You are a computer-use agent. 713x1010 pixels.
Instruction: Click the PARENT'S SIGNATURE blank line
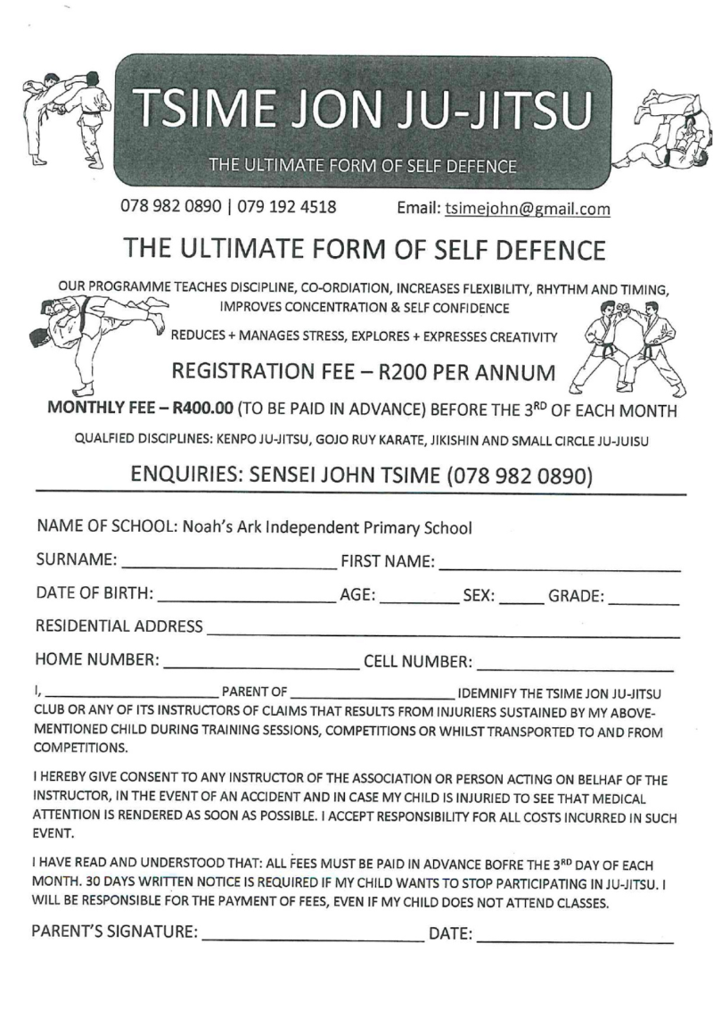314,939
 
